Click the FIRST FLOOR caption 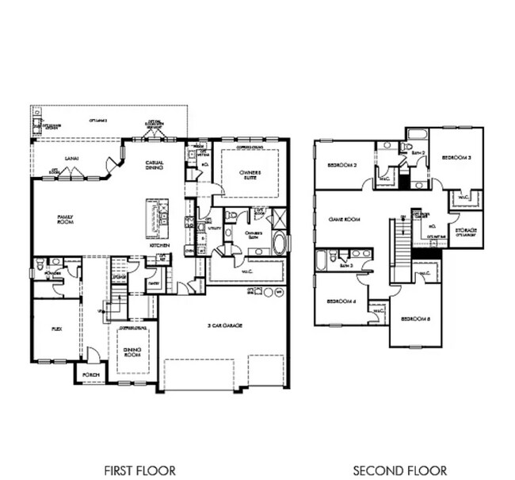point(139,470)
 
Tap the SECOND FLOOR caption point(399,470)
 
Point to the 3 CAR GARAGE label point(223,326)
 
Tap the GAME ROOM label point(345,219)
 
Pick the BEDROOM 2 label point(343,166)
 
